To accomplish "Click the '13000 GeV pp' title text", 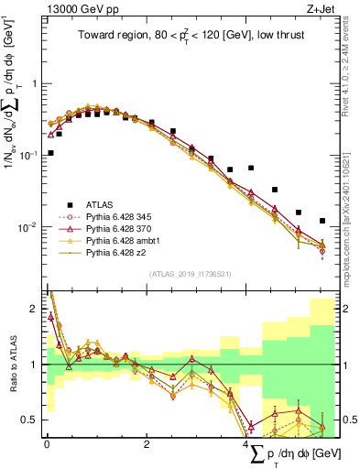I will coord(74,9).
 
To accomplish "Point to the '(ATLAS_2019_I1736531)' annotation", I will coord(188,273).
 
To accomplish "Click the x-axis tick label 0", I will coord(47,444).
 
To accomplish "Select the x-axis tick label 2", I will coord(147,444).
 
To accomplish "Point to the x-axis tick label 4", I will coord(246,444).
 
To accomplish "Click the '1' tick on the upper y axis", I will coord(35,83).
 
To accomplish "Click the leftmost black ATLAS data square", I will coord(50,153).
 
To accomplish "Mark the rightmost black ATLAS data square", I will coord(322,221).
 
